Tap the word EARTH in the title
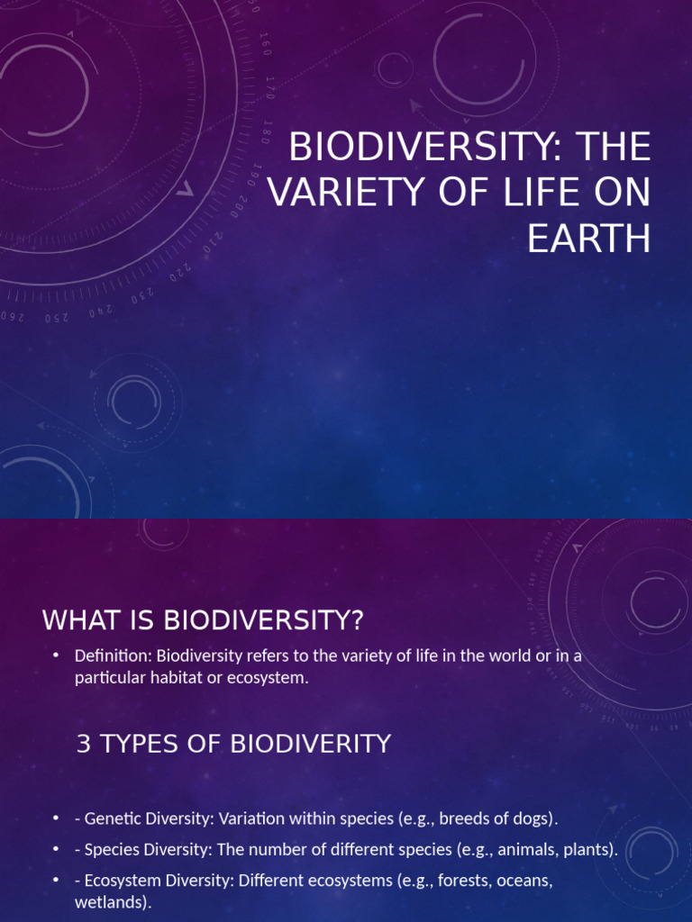[589, 239]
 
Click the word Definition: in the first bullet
[114, 656]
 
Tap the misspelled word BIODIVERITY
[312, 744]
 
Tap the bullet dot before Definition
[56, 656]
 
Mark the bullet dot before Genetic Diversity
[56, 819]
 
